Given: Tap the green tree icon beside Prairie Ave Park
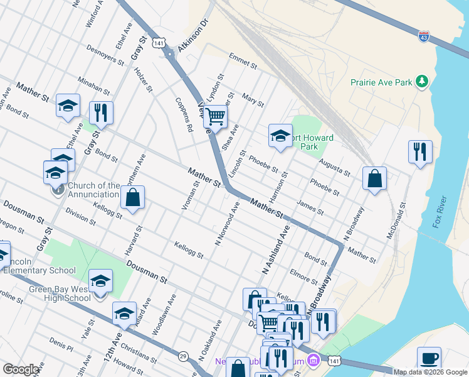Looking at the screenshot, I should click(423, 82).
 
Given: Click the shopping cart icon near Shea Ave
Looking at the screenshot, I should click(215, 116).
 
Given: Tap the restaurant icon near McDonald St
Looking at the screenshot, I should click(420, 151).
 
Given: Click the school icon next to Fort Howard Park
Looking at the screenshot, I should click(280, 135).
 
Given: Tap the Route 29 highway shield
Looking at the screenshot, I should click(183, 355).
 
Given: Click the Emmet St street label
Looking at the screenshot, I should click(243, 60).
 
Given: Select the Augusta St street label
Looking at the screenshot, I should click(334, 167).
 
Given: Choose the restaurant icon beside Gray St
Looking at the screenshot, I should click(101, 112).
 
